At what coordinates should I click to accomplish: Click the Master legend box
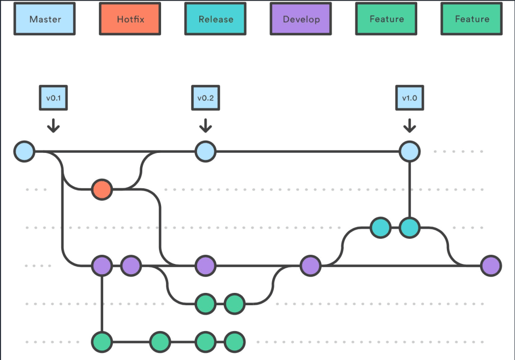[x=45, y=19]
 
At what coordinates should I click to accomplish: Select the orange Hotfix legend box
[x=130, y=19]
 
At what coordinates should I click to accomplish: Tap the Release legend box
[x=215, y=19]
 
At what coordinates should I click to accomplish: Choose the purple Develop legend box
[x=301, y=19]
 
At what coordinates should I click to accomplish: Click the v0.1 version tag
[x=53, y=98]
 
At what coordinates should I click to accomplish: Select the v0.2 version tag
[x=205, y=98]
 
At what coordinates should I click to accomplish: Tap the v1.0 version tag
[x=410, y=98]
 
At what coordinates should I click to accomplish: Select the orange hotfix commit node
[x=101, y=189]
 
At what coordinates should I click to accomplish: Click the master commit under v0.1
[x=24, y=151]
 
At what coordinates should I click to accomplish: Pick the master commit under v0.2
[x=205, y=151]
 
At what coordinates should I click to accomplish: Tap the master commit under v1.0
[x=410, y=151]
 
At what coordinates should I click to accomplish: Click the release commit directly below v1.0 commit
[x=410, y=227]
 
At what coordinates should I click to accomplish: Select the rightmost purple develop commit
[x=491, y=265]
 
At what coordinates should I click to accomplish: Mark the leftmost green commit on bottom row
[x=101, y=341]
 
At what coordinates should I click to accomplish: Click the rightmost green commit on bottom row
[x=234, y=341]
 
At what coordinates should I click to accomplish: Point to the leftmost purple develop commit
[x=101, y=265]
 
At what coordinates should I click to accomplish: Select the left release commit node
[x=380, y=227]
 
